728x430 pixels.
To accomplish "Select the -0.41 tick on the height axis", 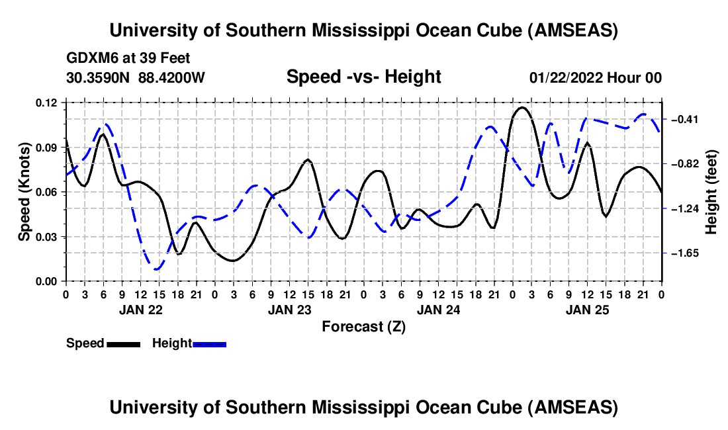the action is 685,120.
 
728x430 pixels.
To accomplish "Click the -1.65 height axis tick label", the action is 685,253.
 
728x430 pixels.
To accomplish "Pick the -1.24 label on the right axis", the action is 685,209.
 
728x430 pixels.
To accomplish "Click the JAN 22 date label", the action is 141,310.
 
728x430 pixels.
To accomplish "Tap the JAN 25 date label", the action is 587,310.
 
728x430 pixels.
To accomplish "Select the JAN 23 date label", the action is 290,310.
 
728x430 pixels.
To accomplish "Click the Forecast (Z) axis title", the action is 363,327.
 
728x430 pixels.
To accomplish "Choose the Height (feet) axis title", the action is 711,192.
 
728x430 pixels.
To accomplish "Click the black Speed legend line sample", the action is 124,344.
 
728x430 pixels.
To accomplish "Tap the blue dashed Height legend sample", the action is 209,344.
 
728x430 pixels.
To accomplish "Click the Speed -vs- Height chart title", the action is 363,77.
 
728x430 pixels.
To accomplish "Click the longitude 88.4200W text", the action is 171,77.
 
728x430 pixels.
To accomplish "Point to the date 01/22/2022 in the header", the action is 565,77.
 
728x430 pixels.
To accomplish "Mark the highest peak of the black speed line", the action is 522,107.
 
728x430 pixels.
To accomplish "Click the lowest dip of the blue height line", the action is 156,269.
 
